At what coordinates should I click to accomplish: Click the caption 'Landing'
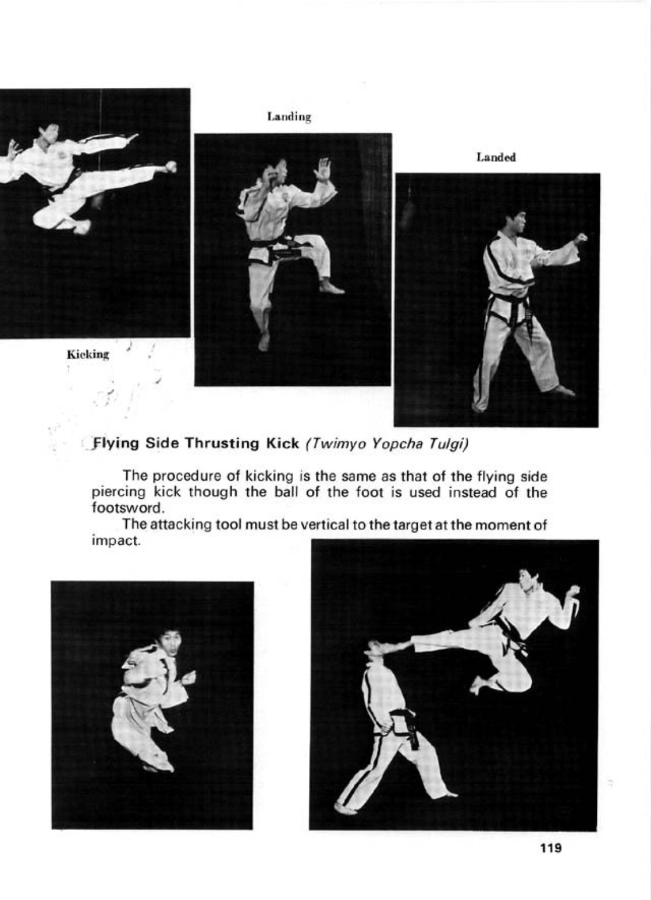(x=289, y=117)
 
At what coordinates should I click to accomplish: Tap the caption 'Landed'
(x=496, y=158)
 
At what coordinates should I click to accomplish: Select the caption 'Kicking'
(x=88, y=354)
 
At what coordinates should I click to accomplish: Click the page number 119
(x=550, y=848)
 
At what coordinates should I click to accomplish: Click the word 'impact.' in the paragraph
(x=117, y=540)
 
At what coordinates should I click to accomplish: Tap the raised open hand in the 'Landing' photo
(x=322, y=170)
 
